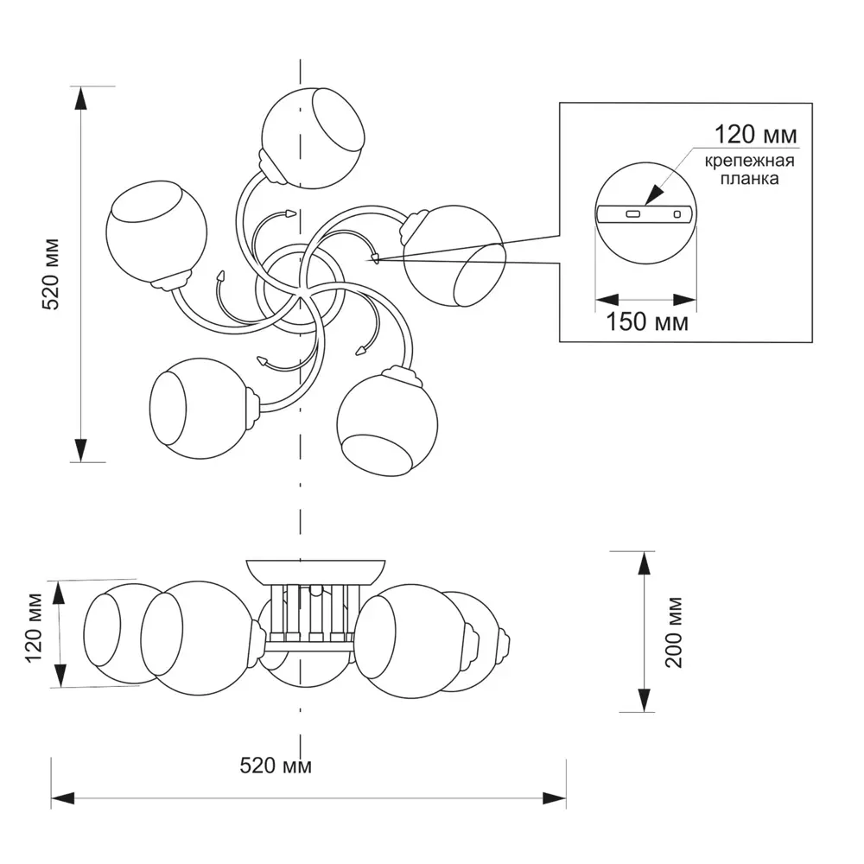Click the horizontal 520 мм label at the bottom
[x=276, y=766]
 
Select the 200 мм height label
[x=676, y=632]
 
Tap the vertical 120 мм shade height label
[x=34, y=633]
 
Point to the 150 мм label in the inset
[x=646, y=322]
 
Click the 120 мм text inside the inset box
[x=754, y=136]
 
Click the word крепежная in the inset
[x=749, y=162]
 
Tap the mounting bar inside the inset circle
[x=645, y=213]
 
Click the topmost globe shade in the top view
[x=313, y=137]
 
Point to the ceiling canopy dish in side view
[x=314, y=571]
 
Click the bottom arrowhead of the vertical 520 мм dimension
[x=81, y=450]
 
